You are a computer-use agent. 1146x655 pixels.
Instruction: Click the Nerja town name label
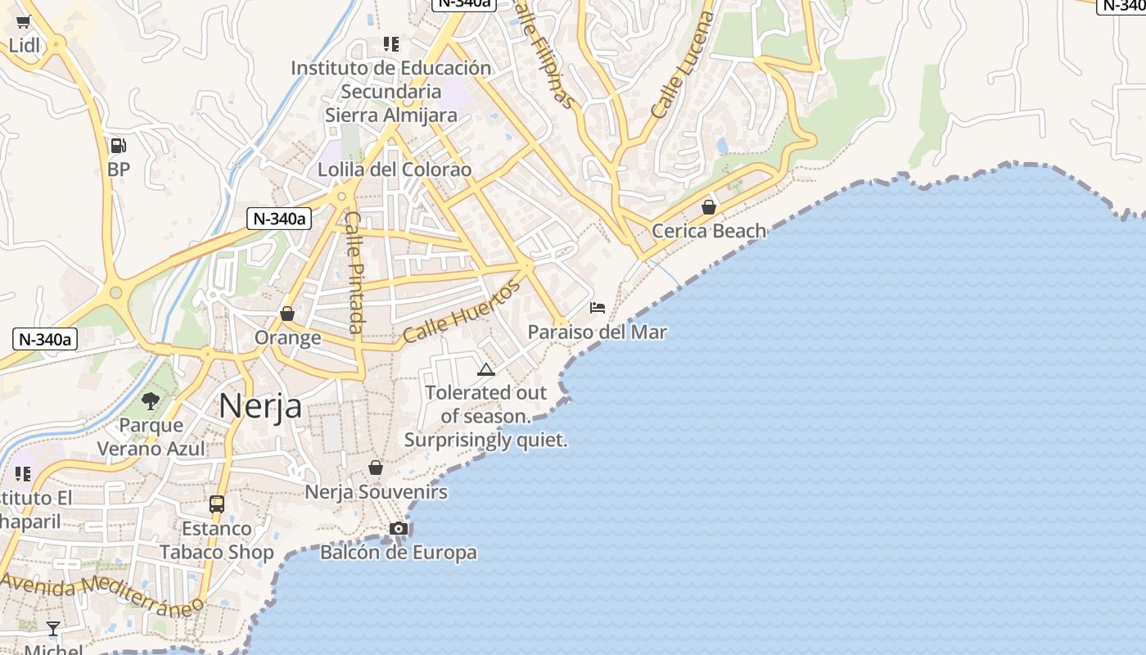tap(260, 406)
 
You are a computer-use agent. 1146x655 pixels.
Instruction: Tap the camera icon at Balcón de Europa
tap(399, 529)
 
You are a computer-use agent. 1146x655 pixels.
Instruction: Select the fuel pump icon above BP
tap(119, 147)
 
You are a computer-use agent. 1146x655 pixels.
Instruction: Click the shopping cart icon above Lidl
tap(24, 22)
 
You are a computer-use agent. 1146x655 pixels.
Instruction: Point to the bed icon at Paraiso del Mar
tap(598, 308)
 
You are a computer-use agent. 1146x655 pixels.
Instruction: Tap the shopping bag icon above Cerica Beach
tap(709, 207)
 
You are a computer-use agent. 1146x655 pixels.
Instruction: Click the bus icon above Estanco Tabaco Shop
tap(217, 504)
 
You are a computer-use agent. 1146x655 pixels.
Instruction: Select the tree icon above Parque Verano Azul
tap(151, 401)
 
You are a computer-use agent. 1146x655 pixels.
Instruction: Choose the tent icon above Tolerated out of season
tap(486, 370)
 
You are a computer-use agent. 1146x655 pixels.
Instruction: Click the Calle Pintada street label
tap(354, 272)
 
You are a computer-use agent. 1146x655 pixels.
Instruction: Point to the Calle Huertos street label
tap(462, 312)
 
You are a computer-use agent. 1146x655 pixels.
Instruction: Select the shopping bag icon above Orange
tap(287, 314)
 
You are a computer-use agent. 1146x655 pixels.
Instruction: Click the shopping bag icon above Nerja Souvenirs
tap(376, 468)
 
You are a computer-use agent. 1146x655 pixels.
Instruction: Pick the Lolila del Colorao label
tap(395, 169)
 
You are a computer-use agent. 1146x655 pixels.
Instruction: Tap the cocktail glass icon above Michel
tap(53, 629)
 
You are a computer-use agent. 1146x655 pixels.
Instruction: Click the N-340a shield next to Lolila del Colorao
tap(279, 219)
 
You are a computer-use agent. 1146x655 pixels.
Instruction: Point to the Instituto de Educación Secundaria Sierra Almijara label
tap(391, 91)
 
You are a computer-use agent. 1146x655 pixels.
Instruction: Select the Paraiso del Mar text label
tap(597, 332)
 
